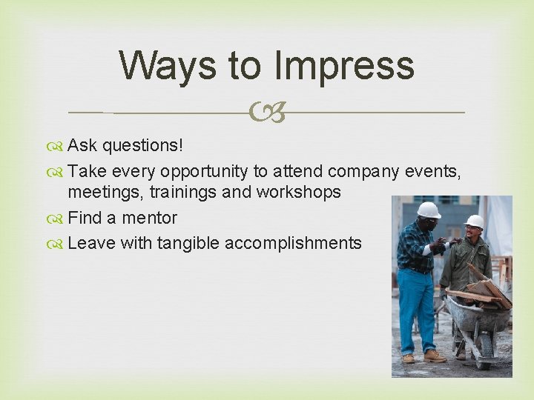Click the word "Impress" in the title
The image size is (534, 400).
[x=344, y=65]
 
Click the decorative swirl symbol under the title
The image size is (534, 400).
[x=268, y=113]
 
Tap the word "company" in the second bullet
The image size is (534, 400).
[x=364, y=171]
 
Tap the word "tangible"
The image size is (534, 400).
[x=188, y=243]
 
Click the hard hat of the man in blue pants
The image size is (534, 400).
[x=428, y=210]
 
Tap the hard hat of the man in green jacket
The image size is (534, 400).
[x=475, y=221]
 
